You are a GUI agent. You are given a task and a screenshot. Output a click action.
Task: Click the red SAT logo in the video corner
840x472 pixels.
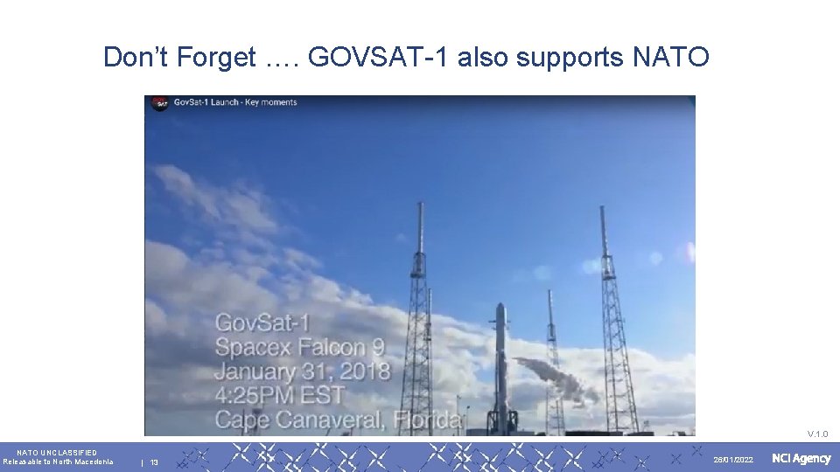[159, 103]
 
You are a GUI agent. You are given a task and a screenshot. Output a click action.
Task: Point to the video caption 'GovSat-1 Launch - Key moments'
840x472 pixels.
[235, 102]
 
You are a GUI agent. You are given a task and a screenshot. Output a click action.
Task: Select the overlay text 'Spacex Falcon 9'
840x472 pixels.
[300, 347]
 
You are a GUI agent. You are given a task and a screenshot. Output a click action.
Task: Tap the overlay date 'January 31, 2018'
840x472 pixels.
[303, 371]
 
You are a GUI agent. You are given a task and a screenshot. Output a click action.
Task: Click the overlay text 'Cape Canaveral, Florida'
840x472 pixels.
[338, 420]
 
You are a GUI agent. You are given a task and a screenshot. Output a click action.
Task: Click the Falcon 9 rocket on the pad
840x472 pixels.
[501, 367]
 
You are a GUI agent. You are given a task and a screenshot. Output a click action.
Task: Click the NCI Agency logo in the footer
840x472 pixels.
[801, 459]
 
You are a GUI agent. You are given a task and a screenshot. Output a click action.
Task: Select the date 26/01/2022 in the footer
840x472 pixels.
[732, 460]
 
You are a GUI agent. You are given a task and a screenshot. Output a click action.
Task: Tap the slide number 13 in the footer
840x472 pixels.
[154, 462]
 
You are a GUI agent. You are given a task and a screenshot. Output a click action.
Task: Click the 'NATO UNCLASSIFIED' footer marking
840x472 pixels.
[57, 452]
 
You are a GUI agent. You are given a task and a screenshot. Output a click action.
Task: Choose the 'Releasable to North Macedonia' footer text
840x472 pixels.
[58, 462]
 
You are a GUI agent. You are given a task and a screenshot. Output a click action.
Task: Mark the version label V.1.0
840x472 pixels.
[817, 434]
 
